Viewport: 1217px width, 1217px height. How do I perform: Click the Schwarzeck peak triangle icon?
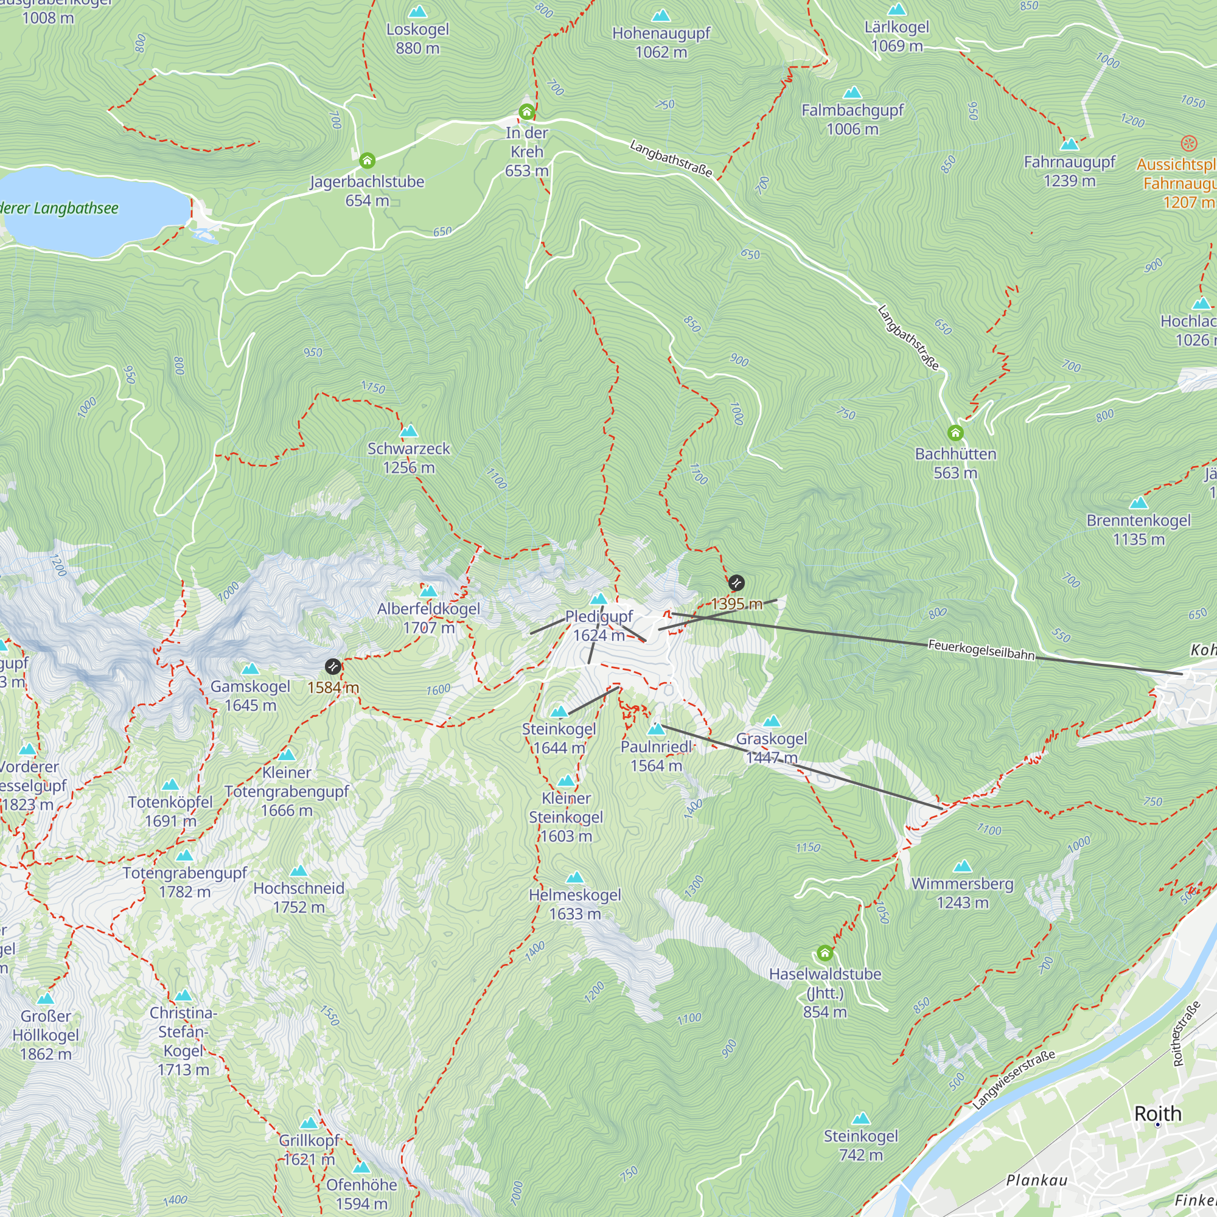pos(409,431)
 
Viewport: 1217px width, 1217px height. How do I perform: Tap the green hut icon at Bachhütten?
pos(955,433)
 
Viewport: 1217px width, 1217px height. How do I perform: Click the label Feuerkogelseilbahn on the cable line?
pos(981,649)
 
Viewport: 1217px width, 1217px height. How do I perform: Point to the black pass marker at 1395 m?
pos(736,583)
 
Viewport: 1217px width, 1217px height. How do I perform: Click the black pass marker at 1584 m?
pos(333,666)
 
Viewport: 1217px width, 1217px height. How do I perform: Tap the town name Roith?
pos(1158,1113)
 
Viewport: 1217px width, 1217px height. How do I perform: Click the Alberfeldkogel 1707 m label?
pos(428,618)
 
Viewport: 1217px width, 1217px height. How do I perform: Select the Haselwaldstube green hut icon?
pos(825,953)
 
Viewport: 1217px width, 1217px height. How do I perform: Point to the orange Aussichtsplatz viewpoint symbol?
pos(1188,144)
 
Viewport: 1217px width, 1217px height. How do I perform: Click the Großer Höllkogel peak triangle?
pos(46,999)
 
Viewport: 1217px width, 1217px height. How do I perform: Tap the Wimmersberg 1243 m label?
pos(963,893)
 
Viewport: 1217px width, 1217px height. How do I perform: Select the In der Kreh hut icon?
pos(526,112)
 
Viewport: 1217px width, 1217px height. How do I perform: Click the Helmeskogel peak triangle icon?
pos(574,877)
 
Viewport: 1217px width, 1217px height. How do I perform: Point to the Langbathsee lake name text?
pos(60,208)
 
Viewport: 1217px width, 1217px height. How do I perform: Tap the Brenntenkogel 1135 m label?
pos(1139,529)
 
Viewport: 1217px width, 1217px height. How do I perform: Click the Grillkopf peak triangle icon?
pos(309,1123)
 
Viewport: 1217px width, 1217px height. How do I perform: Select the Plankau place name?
pos(1036,1180)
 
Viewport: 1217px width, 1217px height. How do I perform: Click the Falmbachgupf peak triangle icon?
pos(853,92)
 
